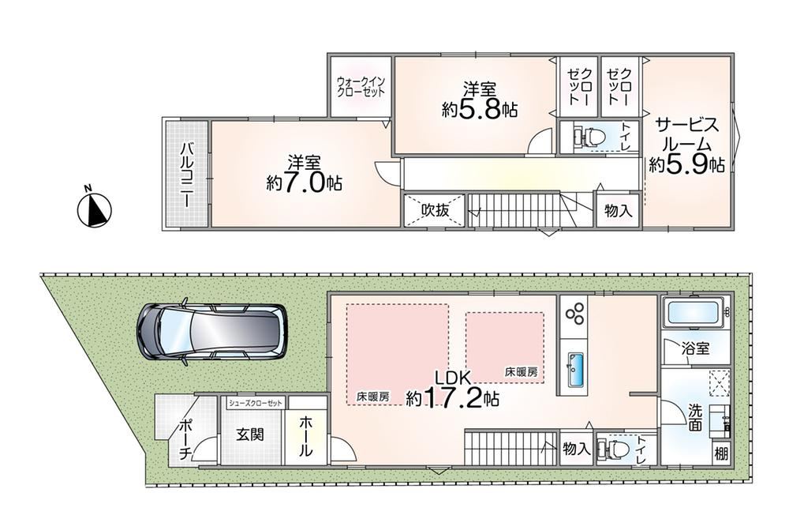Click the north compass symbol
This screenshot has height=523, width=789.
click(94, 208)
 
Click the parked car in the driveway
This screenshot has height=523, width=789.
click(211, 332)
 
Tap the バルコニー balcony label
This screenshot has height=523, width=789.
click(185, 175)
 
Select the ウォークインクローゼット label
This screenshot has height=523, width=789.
click(361, 86)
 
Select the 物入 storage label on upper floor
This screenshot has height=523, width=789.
click(618, 210)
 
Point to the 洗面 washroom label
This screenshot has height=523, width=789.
click(694, 418)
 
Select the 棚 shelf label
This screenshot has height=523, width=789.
click(721, 454)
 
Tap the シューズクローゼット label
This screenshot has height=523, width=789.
click(255, 403)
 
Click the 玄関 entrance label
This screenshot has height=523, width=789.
click(250, 434)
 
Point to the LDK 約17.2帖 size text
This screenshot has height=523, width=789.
click(452, 389)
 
